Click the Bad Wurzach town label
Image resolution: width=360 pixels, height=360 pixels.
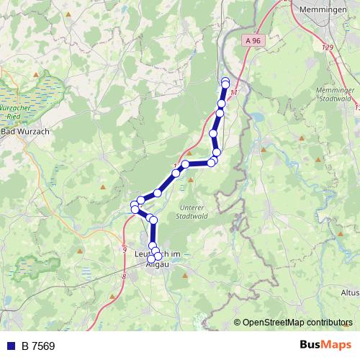pyautogui.click(x=21, y=132)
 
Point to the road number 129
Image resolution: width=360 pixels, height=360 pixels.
pyautogui.click(x=329, y=47)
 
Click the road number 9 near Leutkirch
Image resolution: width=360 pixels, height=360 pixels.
pyautogui.click(x=125, y=250)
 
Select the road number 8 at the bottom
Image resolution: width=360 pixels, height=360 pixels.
pyautogui.click(x=124, y=276)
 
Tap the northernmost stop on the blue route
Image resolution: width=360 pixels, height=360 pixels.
pyautogui.click(x=225, y=81)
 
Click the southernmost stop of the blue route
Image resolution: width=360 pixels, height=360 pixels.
pyautogui.click(x=158, y=256)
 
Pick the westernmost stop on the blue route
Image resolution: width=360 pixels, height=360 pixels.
pyautogui.click(x=133, y=209)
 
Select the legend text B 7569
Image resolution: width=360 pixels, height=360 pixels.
pyautogui.click(x=38, y=346)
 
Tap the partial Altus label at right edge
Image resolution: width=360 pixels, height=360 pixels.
pyautogui.click(x=350, y=293)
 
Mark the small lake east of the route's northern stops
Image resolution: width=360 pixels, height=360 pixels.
pyautogui.click(x=257, y=117)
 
